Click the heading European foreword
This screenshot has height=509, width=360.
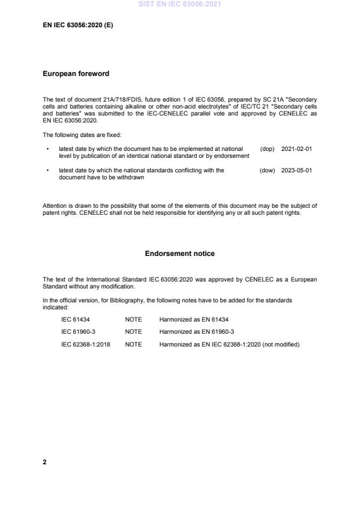pos(76,74)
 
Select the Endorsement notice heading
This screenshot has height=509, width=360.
pos(179,254)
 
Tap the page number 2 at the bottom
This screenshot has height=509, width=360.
pos(45,462)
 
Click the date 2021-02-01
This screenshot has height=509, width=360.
pos(297,149)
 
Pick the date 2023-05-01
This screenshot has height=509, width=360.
pos(297,171)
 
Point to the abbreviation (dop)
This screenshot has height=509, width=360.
pos(267,149)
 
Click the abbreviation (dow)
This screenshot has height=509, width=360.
pos(267,171)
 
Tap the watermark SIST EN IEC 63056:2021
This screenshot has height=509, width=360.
pos(179,5)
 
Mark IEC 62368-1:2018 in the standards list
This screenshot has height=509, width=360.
pos(86,344)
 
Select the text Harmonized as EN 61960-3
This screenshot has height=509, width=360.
pos(196,332)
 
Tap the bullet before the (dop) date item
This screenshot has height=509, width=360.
pos(47,149)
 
